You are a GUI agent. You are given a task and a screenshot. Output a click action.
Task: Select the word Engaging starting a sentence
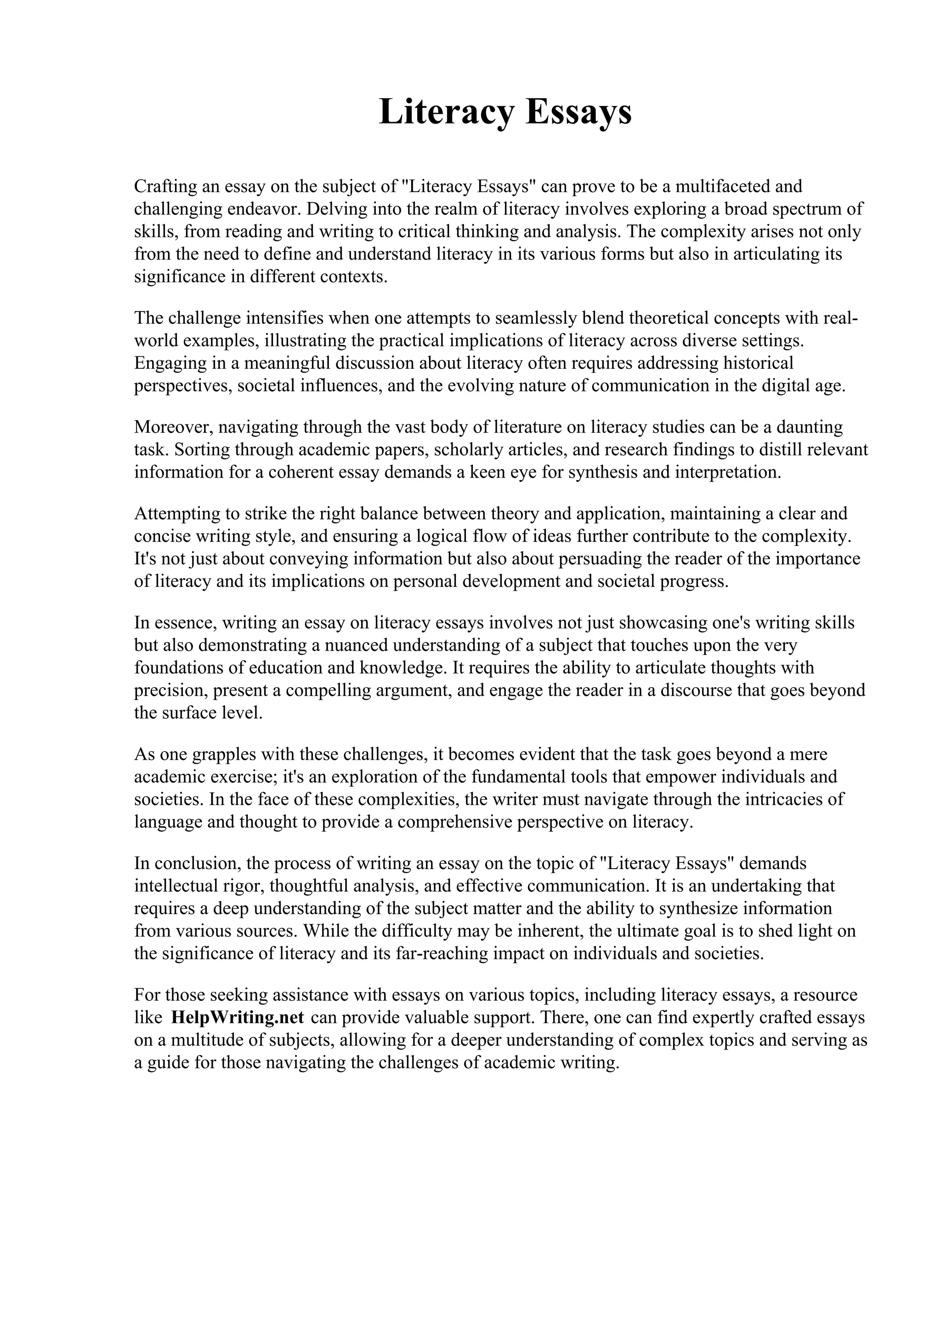pyautogui.click(x=169, y=363)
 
